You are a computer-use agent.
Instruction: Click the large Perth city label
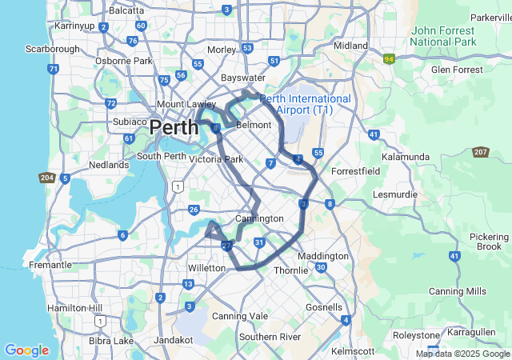pyautogui.click(x=174, y=127)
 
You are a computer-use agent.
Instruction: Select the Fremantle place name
pyautogui.click(x=49, y=265)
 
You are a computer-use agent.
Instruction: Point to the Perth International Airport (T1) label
pyautogui.click(x=305, y=103)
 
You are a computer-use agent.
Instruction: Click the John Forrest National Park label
pyautogui.click(x=443, y=36)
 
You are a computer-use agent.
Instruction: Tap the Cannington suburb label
pyautogui.click(x=259, y=218)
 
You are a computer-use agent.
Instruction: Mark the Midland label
pyautogui.click(x=350, y=46)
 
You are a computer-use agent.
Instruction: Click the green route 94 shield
pyautogui.click(x=390, y=59)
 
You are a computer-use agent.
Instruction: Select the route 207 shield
pyautogui.click(x=481, y=152)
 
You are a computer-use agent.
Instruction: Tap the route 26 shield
pyautogui.click(x=194, y=210)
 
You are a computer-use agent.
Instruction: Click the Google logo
pyautogui.click(x=26, y=350)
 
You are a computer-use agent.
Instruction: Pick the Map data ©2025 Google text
pyautogui.click(x=462, y=354)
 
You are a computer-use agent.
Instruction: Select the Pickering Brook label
pyautogui.click(x=488, y=242)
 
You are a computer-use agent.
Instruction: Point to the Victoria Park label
pyautogui.click(x=216, y=159)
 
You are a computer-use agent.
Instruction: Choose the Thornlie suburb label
pyautogui.click(x=291, y=270)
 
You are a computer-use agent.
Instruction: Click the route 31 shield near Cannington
pyautogui.click(x=259, y=242)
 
